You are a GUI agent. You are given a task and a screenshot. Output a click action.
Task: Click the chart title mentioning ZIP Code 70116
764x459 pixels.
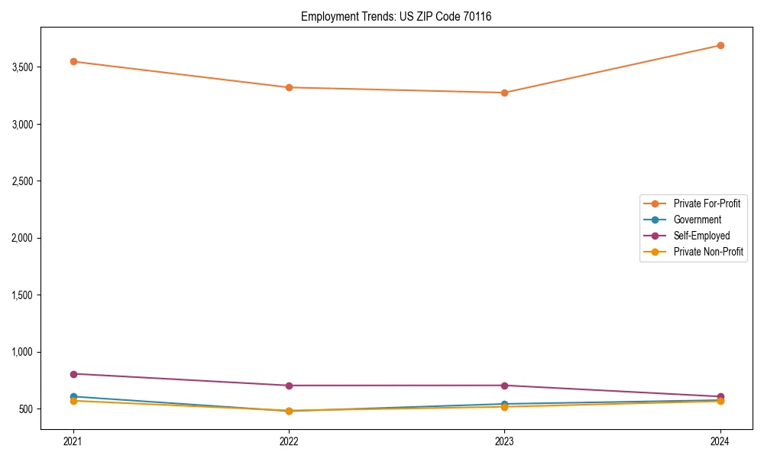pyautogui.click(x=396, y=16)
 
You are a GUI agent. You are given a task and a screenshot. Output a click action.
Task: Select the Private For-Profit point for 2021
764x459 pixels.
pyautogui.click(x=73, y=61)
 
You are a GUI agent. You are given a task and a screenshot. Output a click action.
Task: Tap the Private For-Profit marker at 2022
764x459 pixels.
pyautogui.click(x=289, y=87)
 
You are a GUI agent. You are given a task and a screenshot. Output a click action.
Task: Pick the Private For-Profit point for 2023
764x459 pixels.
pyautogui.click(x=504, y=93)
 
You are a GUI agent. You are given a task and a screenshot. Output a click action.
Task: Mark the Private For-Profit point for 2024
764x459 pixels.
pyautogui.click(x=720, y=45)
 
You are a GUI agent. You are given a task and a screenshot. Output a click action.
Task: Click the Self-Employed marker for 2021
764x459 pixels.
pyautogui.click(x=73, y=374)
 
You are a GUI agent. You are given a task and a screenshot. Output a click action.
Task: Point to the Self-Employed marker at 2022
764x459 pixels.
pyautogui.click(x=289, y=386)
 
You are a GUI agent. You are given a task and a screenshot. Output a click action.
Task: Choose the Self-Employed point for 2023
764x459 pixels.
pyautogui.click(x=504, y=386)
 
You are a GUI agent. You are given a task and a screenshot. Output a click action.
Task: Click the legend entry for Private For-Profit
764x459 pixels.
pyautogui.click(x=707, y=203)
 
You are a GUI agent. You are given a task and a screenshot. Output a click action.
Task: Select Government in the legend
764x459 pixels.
pyautogui.click(x=697, y=220)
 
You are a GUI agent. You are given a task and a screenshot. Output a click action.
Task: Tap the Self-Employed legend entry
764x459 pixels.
pyautogui.click(x=701, y=236)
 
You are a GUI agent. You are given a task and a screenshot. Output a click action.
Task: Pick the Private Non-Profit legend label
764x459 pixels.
pyautogui.click(x=708, y=252)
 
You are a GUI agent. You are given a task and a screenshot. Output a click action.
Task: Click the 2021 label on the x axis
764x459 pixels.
pyautogui.click(x=73, y=441)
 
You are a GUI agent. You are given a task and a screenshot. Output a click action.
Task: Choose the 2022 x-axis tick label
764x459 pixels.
pyautogui.click(x=289, y=441)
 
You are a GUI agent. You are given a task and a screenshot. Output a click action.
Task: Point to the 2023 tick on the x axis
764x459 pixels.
pyautogui.click(x=504, y=441)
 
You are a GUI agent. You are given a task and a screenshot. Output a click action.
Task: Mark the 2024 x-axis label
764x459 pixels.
pyautogui.click(x=720, y=441)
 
